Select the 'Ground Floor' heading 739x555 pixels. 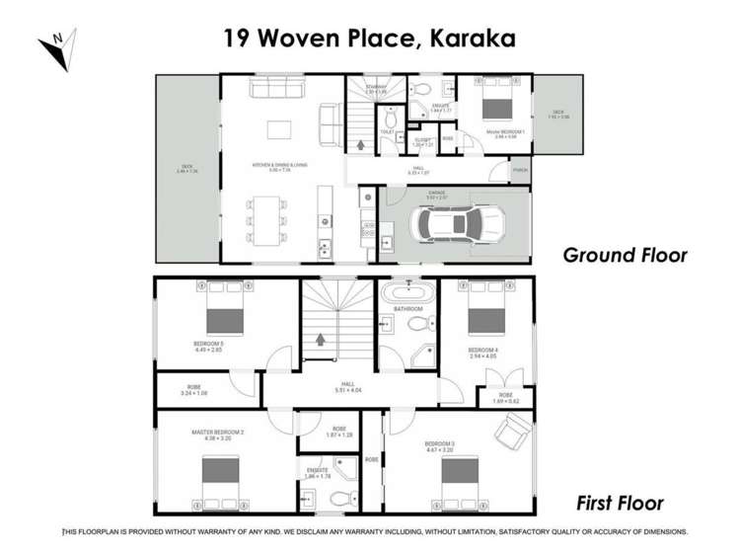pyautogui.click(x=625, y=255)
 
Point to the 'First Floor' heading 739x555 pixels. pyautogui.click(x=620, y=503)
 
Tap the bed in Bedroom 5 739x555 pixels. pyautogui.click(x=224, y=319)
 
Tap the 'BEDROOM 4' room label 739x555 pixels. pyautogui.click(x=482, y=350)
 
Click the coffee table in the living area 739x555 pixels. pyautogui.click(x=279, y=128)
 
